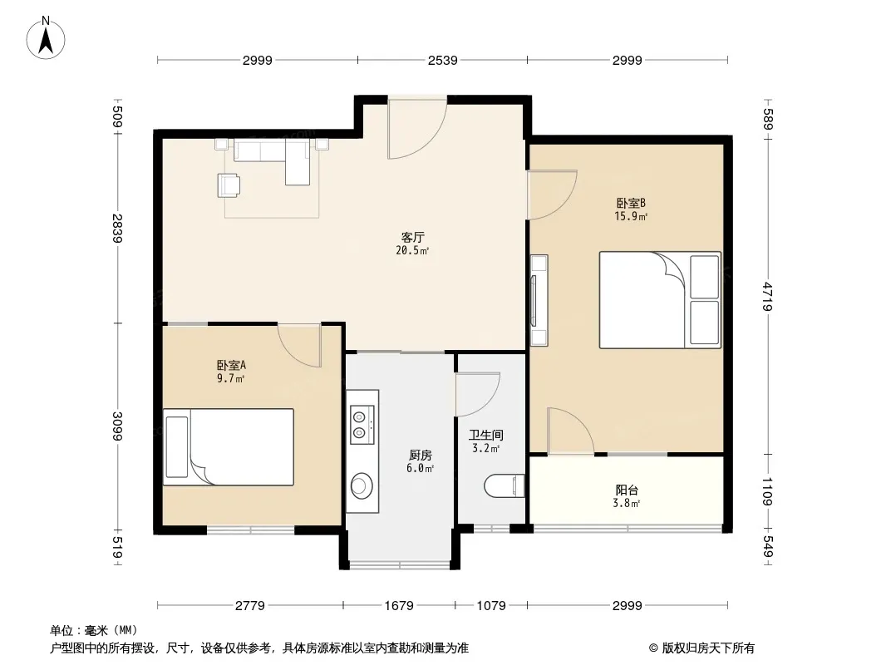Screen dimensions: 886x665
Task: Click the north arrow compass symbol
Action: pos(46,38)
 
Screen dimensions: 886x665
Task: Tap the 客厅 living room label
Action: pos(412,237)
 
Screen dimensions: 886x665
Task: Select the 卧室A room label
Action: pos(231,365)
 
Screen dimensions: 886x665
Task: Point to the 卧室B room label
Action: pos(631,203)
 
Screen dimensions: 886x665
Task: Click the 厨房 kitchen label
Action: pos(421,455)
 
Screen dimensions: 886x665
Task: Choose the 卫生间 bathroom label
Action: pos(486,435)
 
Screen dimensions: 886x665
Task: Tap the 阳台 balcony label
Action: pos(627,490)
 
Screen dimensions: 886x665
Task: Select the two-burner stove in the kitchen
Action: pos(362,425)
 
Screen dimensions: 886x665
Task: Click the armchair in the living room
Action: pos(229,185)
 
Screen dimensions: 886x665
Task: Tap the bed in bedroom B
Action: pos(660,299)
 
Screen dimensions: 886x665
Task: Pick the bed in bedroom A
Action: pos(229,447)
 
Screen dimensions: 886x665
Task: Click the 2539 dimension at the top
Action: pos(442,60)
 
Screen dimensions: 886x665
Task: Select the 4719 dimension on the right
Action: pos(767,296)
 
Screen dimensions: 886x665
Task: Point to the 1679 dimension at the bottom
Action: pos(399,606)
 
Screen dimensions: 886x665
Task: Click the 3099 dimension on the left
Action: pos(117,426)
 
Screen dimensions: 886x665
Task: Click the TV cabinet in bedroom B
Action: pos(539,300)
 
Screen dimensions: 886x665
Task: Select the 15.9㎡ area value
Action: pos(631,216)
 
